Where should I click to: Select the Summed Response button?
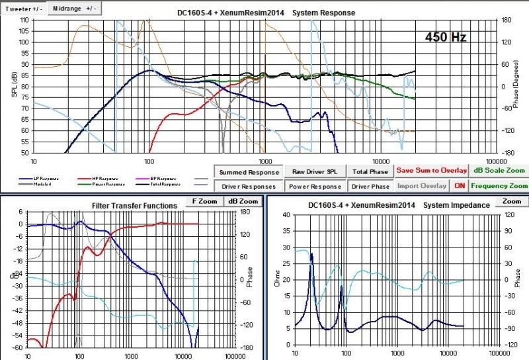click(249, 171)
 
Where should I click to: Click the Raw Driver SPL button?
click(315, 171)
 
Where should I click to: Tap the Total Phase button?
click(369, 171)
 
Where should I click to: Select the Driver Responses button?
click(249, 186)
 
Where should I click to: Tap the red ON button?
click(460, 186)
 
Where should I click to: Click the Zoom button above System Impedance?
click(510, 201)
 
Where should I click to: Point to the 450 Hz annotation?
click(446, 37)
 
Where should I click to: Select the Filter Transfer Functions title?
click(134, 206)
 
